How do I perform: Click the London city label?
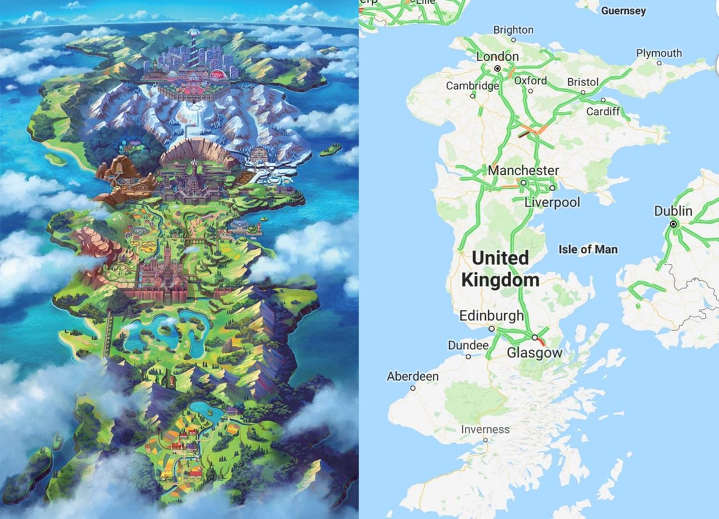[x=497, y=56]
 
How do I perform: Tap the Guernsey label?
[x=624, y=11]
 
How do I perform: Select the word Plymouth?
[x=659, y=53]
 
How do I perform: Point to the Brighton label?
[x=513, y=30]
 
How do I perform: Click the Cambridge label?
[x=472, y=85]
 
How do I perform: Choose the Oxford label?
[x=531, y=80]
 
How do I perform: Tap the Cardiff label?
[x=603, y=111]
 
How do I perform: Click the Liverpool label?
[x=552, y=202]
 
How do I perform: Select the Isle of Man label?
[x=588, y=249]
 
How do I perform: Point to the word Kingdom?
[x=500, y=279]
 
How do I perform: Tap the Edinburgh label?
[x=492, y=315]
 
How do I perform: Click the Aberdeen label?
[x=412, y=376]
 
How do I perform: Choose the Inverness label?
[x=485, y=430]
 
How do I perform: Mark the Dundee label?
[x=468, y=345]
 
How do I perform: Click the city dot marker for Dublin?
[x=674, y=224]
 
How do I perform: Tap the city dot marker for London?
[x=497, y=68]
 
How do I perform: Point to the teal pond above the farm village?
[x=206, y=412]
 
